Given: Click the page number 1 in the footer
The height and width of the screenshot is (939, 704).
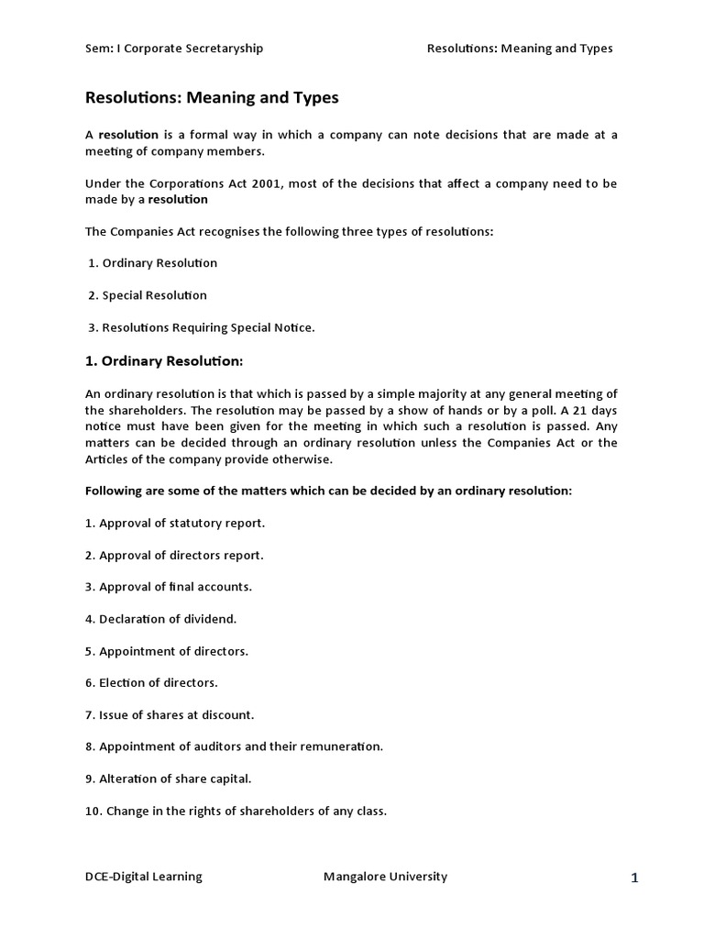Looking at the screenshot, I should tap(634, 878).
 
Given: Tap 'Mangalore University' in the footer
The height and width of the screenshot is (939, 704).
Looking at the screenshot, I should tap(385, 877).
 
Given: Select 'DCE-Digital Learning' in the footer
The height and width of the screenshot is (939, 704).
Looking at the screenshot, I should tap(144, 877).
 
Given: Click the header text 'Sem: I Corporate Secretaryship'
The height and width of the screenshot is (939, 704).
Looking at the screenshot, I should tap(174, 49).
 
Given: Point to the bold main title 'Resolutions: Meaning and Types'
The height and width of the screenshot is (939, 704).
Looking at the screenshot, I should tap(212, 96).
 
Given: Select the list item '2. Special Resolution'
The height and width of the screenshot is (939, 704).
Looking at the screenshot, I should tap(148, 295).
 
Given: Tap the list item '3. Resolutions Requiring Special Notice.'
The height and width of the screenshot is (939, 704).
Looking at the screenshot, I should tap(202, 327).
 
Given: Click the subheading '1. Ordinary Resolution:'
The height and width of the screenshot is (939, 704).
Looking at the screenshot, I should tap(164, 360).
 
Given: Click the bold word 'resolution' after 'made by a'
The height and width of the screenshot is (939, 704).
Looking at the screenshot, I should tap(178, 199).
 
